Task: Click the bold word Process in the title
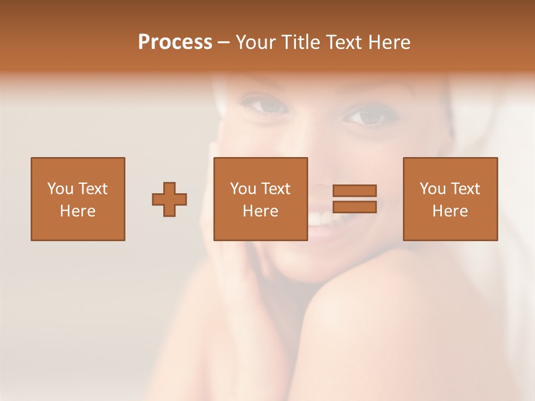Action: [x=175, y=42]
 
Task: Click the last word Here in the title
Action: [x=390, y=42]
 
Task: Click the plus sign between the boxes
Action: [x=169, y=199]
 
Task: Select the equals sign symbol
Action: [x=354, y=199]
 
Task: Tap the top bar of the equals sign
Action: [x=354, y=190]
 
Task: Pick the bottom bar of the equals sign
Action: [x=354, y=207]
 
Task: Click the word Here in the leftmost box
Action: [x=78, y=211]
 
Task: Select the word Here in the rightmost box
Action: [x=450, y=211]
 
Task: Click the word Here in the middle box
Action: [x=261, y=211]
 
